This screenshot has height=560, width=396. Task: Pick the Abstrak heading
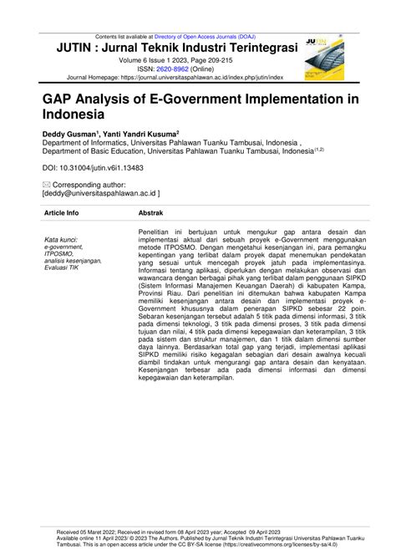153,213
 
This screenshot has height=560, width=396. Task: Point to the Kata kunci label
63,239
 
